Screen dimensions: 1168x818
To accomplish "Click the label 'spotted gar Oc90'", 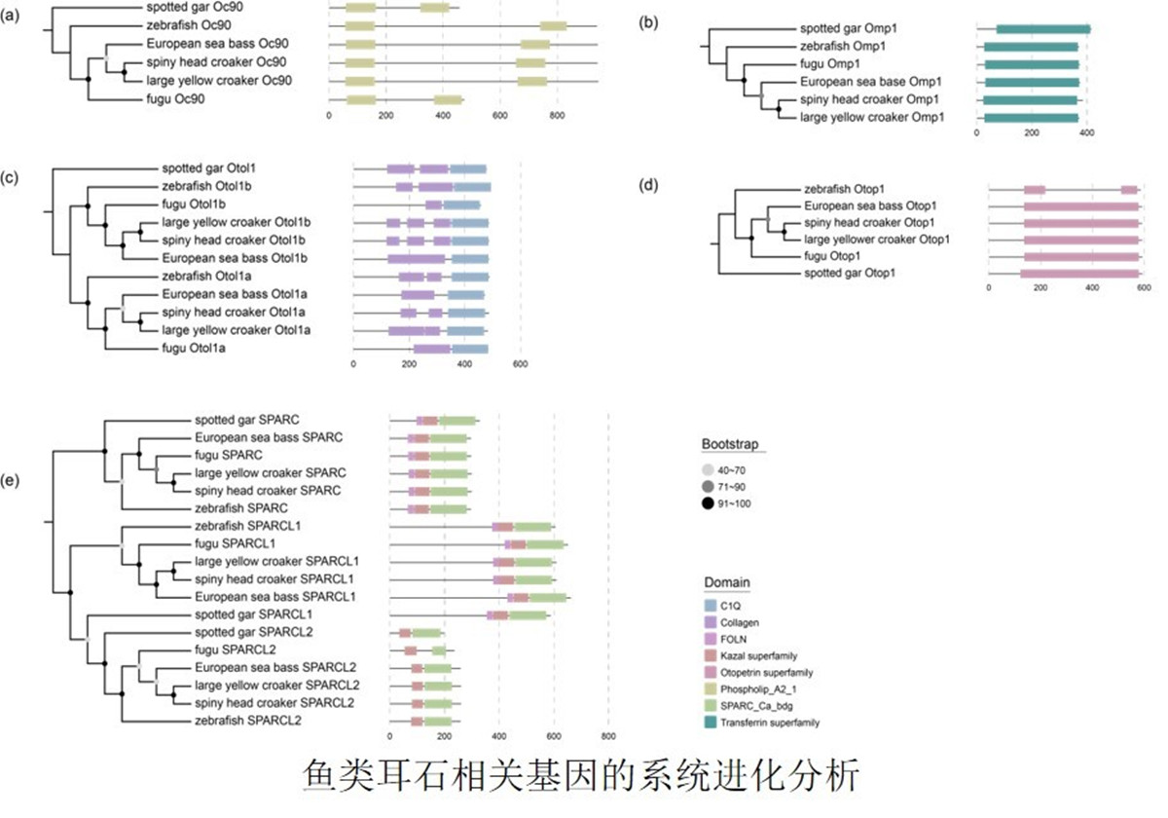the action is click(195, 8).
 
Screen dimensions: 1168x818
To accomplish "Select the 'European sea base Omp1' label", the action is click(871, 82).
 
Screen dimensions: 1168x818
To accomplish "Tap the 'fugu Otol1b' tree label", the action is click(194, 204).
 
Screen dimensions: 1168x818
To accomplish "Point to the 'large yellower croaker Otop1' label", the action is click(877, 240).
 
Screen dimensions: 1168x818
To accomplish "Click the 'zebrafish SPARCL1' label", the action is click(247, 526).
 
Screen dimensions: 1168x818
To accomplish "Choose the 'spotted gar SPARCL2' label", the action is click(253, 632).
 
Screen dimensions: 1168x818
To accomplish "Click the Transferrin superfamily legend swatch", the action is click(711, 723).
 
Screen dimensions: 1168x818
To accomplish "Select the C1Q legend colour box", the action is click(711, 606).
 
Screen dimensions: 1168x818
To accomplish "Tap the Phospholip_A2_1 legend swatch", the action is click(711, 689).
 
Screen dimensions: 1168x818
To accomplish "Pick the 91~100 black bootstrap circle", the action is click(708, 503).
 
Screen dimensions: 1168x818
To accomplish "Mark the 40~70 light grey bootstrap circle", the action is click(708, 470).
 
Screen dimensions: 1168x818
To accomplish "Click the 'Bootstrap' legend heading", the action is click(730, 444).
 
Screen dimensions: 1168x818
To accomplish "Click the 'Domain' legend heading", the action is click(727, 582).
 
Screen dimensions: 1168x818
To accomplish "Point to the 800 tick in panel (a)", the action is click(557, 115).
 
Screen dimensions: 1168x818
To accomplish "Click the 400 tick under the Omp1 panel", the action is click(1086, 133).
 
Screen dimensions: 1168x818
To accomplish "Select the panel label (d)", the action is click(648, 185).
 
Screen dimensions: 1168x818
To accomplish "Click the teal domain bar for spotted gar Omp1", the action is click(1043, 29).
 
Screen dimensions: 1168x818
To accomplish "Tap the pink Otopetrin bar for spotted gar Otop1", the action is click(1079, 274).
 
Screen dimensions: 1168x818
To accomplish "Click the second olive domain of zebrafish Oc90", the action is click(553, 26).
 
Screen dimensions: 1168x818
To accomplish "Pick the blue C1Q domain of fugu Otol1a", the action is click(470, 349).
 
